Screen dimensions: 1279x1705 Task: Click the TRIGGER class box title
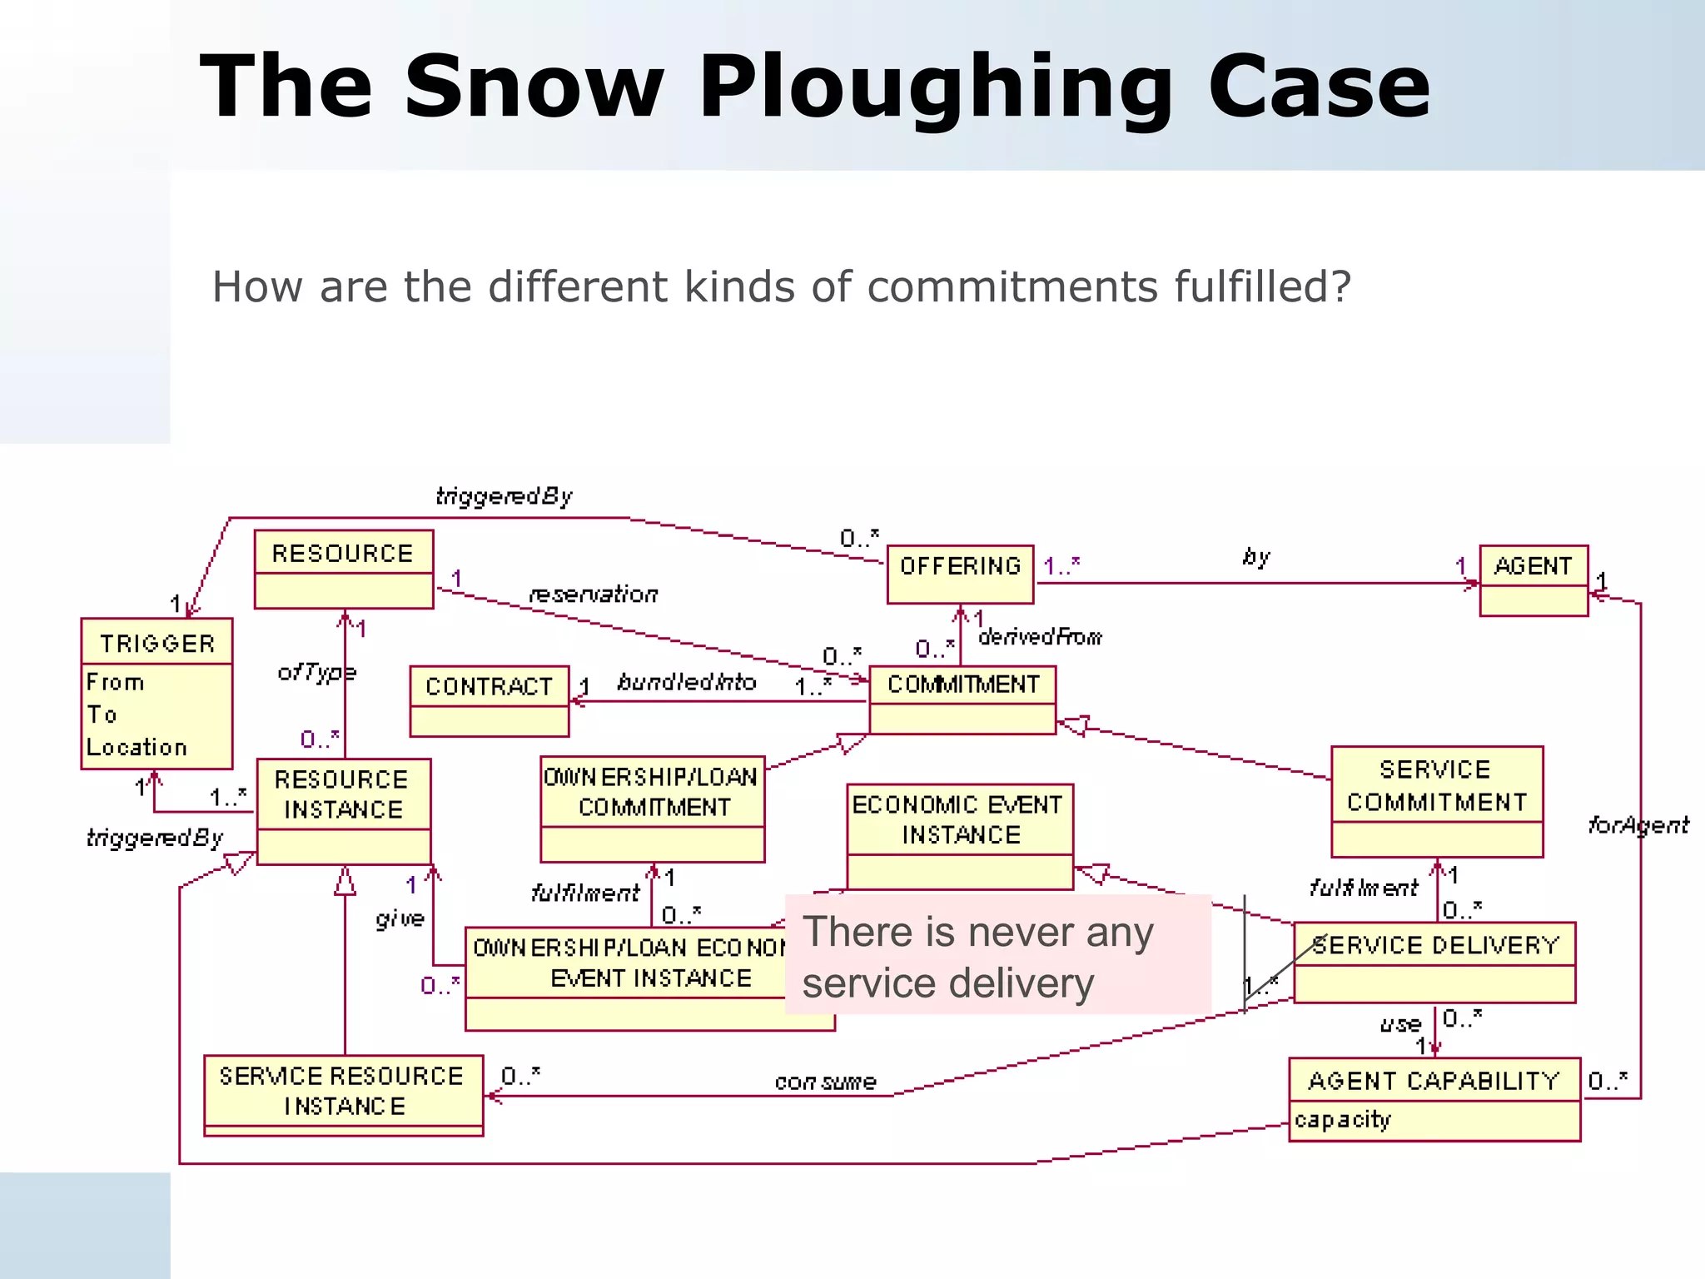pyautogui.click(x=157, y=643)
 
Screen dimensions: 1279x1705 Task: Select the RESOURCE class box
pyautogui.click(x=343, y=569)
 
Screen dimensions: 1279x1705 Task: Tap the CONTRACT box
pyautogui.click(x=489, y=700)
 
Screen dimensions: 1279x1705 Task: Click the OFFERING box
pyautogui.click(x=960, y=574)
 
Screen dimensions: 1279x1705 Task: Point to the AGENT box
pyautogui.click(x=1533, y=580)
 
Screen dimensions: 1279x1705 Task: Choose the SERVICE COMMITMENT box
pyautogui.click(x=1436, y=800)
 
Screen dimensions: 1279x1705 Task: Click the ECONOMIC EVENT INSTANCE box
pyautogui.click(x=959, y=835)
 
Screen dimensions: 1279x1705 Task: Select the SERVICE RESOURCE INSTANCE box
pyautogui.click(x=343, y=1094)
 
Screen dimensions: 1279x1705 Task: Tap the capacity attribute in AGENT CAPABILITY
pyautogui.click(x=1342, y=1120)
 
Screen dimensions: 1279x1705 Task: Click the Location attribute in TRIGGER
pyautogui.click(x=137, y=747)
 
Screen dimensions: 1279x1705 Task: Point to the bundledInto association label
pyautogui.click(x=686, y=682)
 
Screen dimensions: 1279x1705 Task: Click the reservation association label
pyautogui.click(x=593, y=594)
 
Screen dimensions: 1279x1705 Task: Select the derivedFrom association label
pyautogui.click(x=1040, y=637)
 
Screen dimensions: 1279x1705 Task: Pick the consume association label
pyautogui.click(x=825, y=1082)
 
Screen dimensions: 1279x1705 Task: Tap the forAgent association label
pyautogui.click(x=1638, y=825)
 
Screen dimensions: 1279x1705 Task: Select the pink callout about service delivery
pyautogui.click(x=997, y=955)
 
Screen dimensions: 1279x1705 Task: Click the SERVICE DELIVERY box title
pyautogui.click(x=1434, y=945)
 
